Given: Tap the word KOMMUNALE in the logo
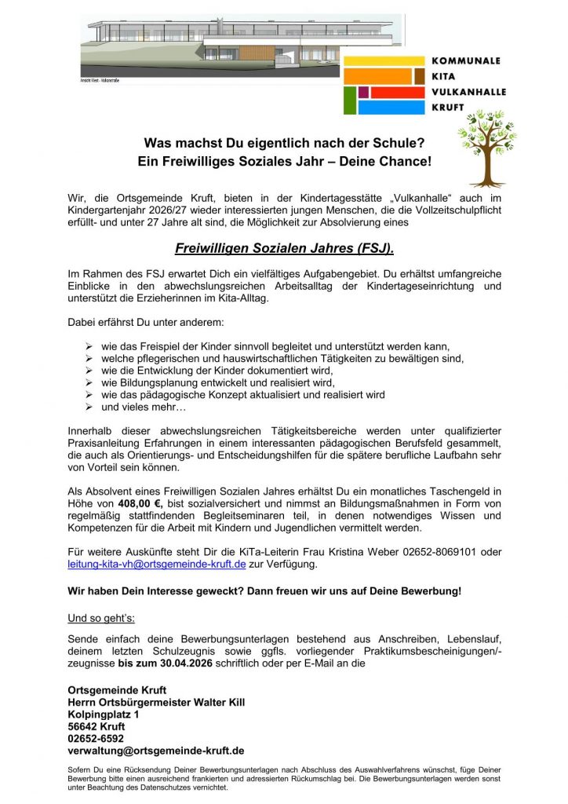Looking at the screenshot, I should click(466, 60).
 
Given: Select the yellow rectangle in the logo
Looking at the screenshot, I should click(384, 60).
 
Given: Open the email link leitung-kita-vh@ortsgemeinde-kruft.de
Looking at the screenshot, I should click(157, 564).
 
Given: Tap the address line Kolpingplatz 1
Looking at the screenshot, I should click(104, 714).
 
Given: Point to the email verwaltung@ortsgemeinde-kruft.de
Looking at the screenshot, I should click(156, 750).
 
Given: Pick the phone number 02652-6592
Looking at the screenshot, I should click(96, 738).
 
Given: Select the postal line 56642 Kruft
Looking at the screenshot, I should click(96, 726).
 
